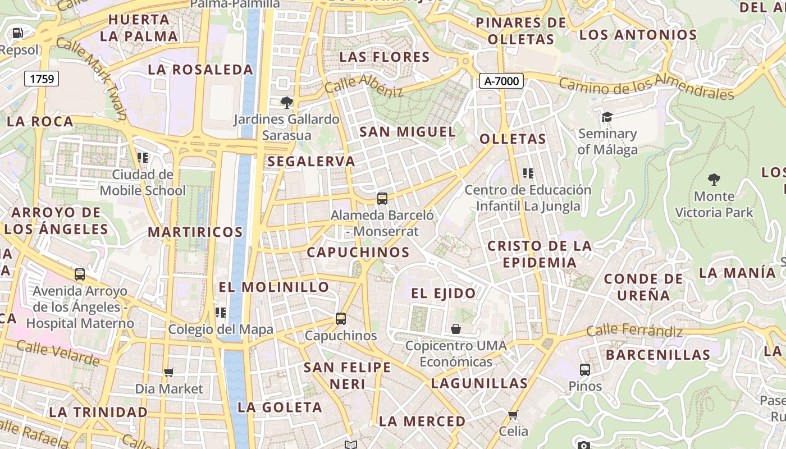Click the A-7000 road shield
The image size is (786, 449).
click(x=501, y=81)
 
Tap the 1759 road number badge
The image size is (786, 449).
click(x=42, y=79)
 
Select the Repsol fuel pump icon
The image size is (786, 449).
click(x=18, y=33)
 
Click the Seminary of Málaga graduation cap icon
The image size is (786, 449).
click(x=607, y=117)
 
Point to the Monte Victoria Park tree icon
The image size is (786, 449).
click(x=714, y=180)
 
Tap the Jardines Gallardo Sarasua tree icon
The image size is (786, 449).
click(x=287, y=103)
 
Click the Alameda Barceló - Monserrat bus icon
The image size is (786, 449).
click(x=382, y=199)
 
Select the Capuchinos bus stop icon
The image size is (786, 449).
click(x=341, y=319)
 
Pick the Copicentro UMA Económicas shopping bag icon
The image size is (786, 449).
click(x=456, y=328)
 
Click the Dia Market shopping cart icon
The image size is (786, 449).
click(x=168, y=372)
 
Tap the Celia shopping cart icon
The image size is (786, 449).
click(x=513, y=415)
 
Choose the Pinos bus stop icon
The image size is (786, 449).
click(x=585, y=370)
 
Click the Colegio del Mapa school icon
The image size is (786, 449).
click(x=221, y=313)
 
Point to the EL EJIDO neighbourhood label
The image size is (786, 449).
click(x=444, y=293)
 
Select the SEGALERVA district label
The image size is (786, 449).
click(x=311, y=162)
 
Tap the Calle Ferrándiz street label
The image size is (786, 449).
click(x=634, y=331)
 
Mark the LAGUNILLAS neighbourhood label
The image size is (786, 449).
click(x=479, y=383)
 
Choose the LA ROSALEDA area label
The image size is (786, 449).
click(x=200, y=70)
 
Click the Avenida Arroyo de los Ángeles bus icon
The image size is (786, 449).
click(x=80, y=274)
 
